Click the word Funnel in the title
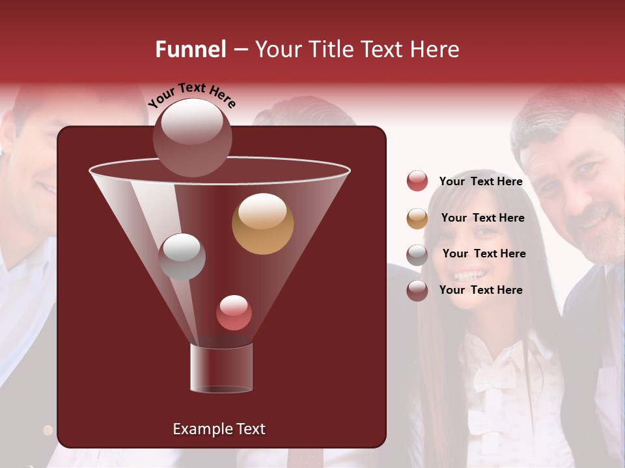point(190,49)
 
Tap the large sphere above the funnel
point(193,137)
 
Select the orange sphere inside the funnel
point(262,224)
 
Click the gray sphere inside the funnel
point(182,256)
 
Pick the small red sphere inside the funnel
point(234,313)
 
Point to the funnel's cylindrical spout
point(221,368)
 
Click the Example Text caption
point(219,429)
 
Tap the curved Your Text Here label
point(191,95)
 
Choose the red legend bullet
point(417,181)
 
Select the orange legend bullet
point(417,218)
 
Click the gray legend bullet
point(417,254)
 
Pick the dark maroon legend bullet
point(417,291)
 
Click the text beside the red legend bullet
point(480,182)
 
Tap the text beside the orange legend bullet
point(482,218)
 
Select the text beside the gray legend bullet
point(484,254)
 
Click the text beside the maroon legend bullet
point(480,291)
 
